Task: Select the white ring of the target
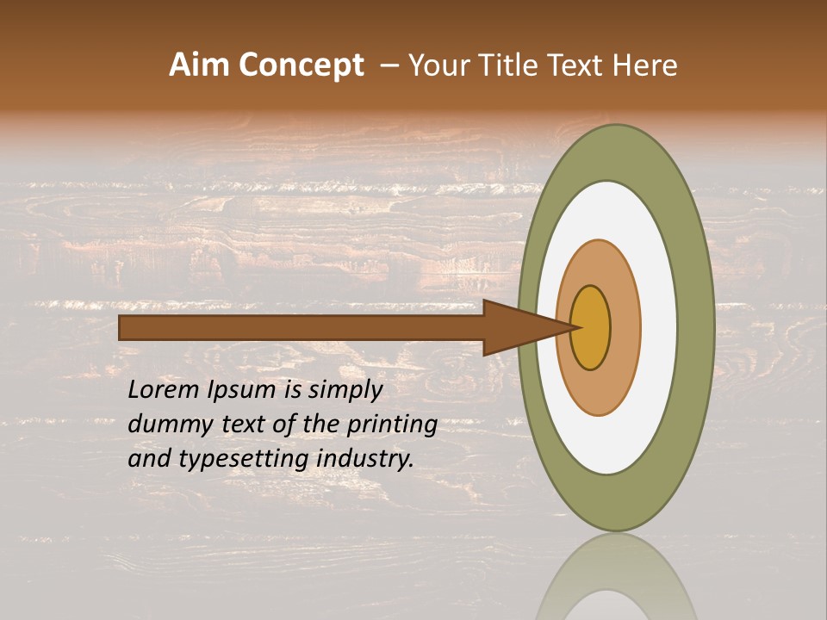point(659,328)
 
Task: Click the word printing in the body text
point(391,425)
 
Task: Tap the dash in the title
point(388,65)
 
